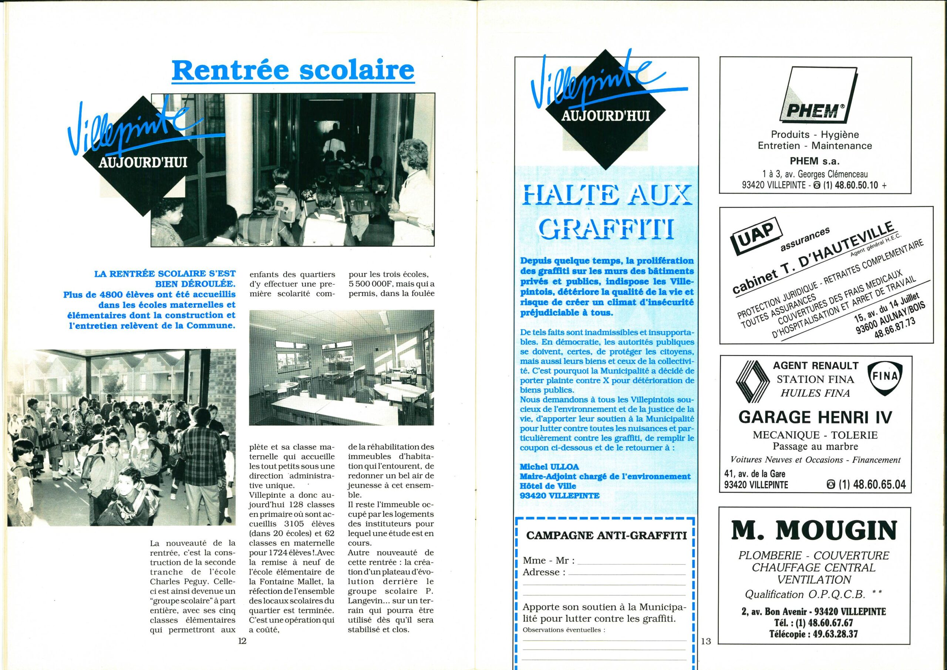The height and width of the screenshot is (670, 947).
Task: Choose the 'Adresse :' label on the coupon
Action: [x=544, y=572]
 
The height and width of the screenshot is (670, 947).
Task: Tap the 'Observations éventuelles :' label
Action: [x=564, y=630]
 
